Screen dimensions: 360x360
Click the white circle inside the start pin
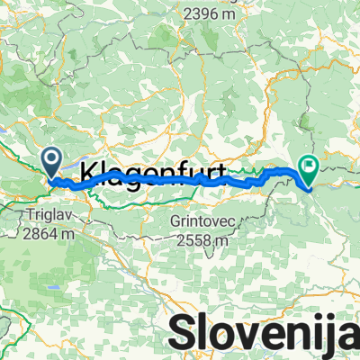(52, 160)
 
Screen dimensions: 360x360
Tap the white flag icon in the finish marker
(310, 165)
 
